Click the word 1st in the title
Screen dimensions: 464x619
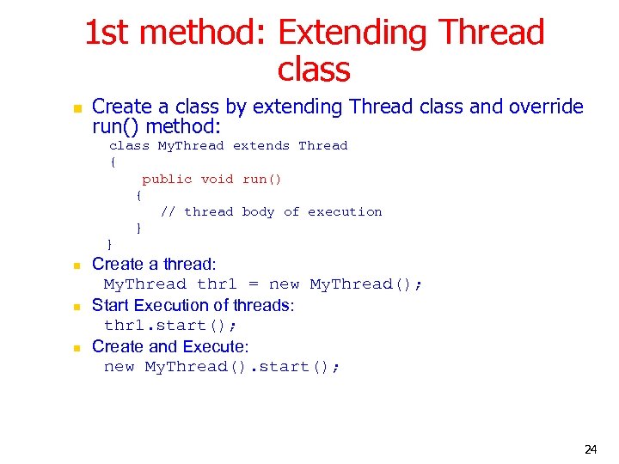coord(107,33)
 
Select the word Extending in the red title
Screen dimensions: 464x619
coord(353,33)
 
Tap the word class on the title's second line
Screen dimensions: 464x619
coord(314,69)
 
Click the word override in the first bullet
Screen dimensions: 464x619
coord(546,107)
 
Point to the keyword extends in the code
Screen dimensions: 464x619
coord(261,146)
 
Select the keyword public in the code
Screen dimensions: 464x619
coord(167,179)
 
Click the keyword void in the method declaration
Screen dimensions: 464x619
coord(217,179)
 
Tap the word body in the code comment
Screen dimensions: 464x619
coord(258,211)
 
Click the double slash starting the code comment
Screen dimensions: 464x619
coord(169,211)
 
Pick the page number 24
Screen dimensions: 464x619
coord(591,449)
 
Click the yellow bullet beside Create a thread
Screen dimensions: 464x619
coord(76,266)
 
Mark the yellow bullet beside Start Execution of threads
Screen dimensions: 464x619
coord(76,307)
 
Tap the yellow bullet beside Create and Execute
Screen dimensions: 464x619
coord(76,348)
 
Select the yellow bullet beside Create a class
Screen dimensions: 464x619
coord(76,109)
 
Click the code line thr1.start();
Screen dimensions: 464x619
coord(170,326)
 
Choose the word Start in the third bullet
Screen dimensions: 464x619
coord(110,305)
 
